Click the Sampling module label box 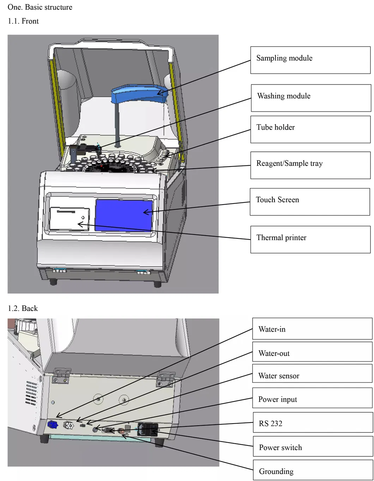pos(310,60)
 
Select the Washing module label pos(311,98)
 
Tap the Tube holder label pos(310,129)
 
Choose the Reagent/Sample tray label pos(310,165)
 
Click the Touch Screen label pos(309,201)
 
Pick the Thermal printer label pos(310,239)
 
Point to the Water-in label pos(312,329)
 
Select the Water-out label pos(312,353)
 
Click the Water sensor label pos(312,375)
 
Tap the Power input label pos(312,399)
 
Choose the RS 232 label pos(312,423)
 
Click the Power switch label pos(312,447)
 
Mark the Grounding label pos(312,471)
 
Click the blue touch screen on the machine pos(124,215)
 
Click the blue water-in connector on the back pos(53,425)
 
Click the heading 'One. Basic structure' pos(40,7)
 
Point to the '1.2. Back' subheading pos(23,308)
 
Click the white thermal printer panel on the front pos(69,219)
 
